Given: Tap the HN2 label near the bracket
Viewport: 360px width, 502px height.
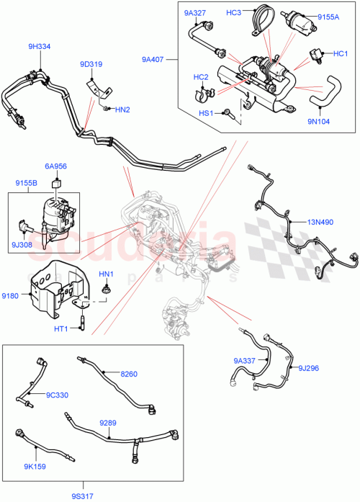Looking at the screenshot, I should coord(122,109).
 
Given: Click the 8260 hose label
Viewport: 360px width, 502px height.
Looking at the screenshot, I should coord(129,374).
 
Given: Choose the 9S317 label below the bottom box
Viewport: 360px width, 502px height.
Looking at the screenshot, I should coord(82,494).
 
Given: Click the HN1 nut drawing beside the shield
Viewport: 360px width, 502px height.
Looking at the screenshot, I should coord(106,288).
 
